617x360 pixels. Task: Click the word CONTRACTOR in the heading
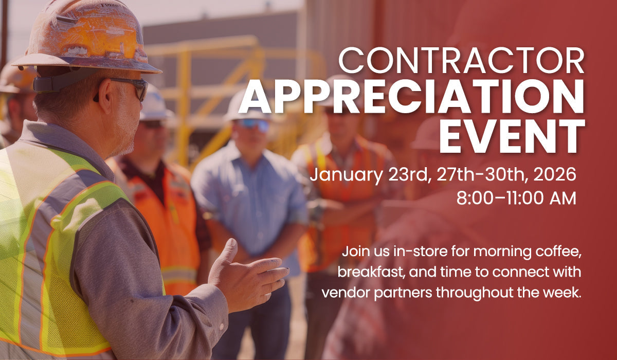pos(461,61)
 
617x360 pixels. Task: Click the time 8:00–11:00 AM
pos(516,198)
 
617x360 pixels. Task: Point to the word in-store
pos(409,253)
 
